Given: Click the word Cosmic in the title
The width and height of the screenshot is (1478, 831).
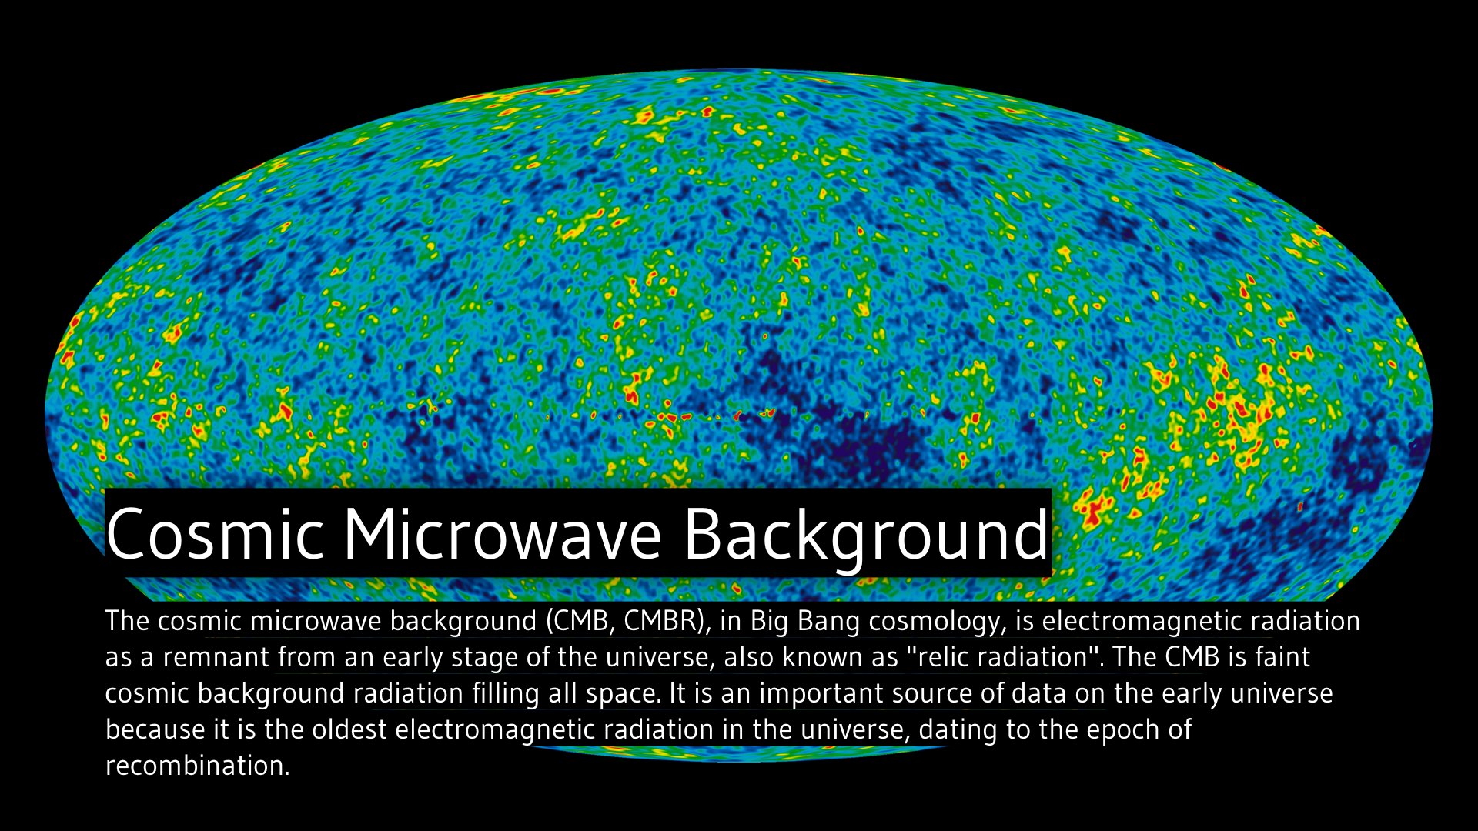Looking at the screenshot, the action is coord(215,533).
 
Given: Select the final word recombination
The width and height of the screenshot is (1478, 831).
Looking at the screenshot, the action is coord(197,766).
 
